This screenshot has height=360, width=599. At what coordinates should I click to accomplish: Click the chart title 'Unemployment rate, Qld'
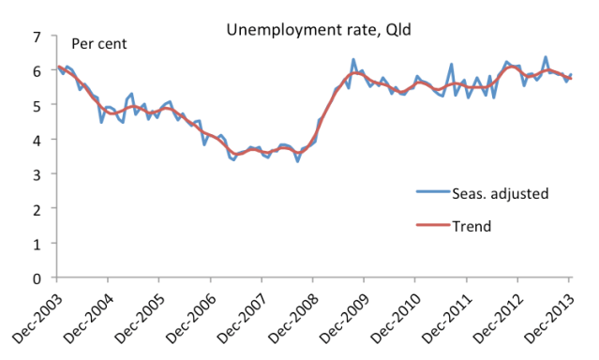pyautogui.click(x=319, y=29)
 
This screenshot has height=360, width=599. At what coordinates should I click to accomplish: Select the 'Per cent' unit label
pyautogui.click(x=100, y=43)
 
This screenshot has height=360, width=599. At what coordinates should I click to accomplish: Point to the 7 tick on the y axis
pyautogui.click(x=38, y=37)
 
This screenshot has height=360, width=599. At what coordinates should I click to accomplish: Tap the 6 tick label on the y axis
pyautogui.click(x=38, y=71)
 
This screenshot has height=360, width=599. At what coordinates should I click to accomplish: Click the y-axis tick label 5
pyautogui.click(x=38, y=106)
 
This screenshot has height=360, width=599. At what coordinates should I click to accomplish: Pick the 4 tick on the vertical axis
pyautogui.click(x=38, y=141)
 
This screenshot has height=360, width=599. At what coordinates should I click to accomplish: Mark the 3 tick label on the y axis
pyautogui.click(x=38, y=174)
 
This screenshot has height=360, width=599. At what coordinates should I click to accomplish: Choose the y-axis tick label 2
pyautogui.click(x=38, y=209)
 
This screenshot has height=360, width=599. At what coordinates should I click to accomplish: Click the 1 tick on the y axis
pyautogui.click(x=38, y=244)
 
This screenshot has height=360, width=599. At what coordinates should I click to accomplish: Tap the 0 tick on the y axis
pyautogui.click(x=38, y=278)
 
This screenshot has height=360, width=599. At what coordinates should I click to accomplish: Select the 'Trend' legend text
pyautogui.click(x=474, y=226)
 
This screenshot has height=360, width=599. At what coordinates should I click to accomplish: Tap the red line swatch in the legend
pyautogui.click(x=434, y=226)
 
